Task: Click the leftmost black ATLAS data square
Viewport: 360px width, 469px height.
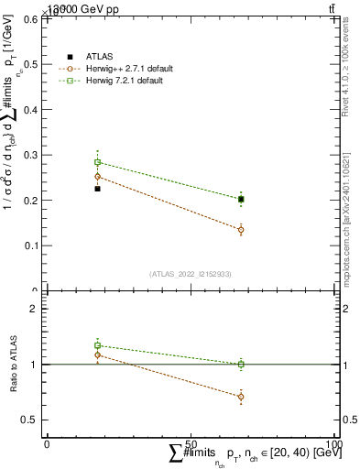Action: [x=97, y=189]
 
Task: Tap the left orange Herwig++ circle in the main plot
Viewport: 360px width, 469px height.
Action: [x=97, y=176]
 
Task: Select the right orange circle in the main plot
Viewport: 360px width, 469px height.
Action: [x=241, y=230]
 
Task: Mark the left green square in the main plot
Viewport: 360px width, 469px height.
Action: [x=97, y=162]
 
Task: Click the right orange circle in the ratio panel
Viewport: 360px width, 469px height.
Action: [x=241, y=397]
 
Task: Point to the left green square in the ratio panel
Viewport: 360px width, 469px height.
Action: [x=97, y=345]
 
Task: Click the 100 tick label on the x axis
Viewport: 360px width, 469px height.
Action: [x=334, y=443]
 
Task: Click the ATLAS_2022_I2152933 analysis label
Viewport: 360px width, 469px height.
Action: [x=191, y=274]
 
